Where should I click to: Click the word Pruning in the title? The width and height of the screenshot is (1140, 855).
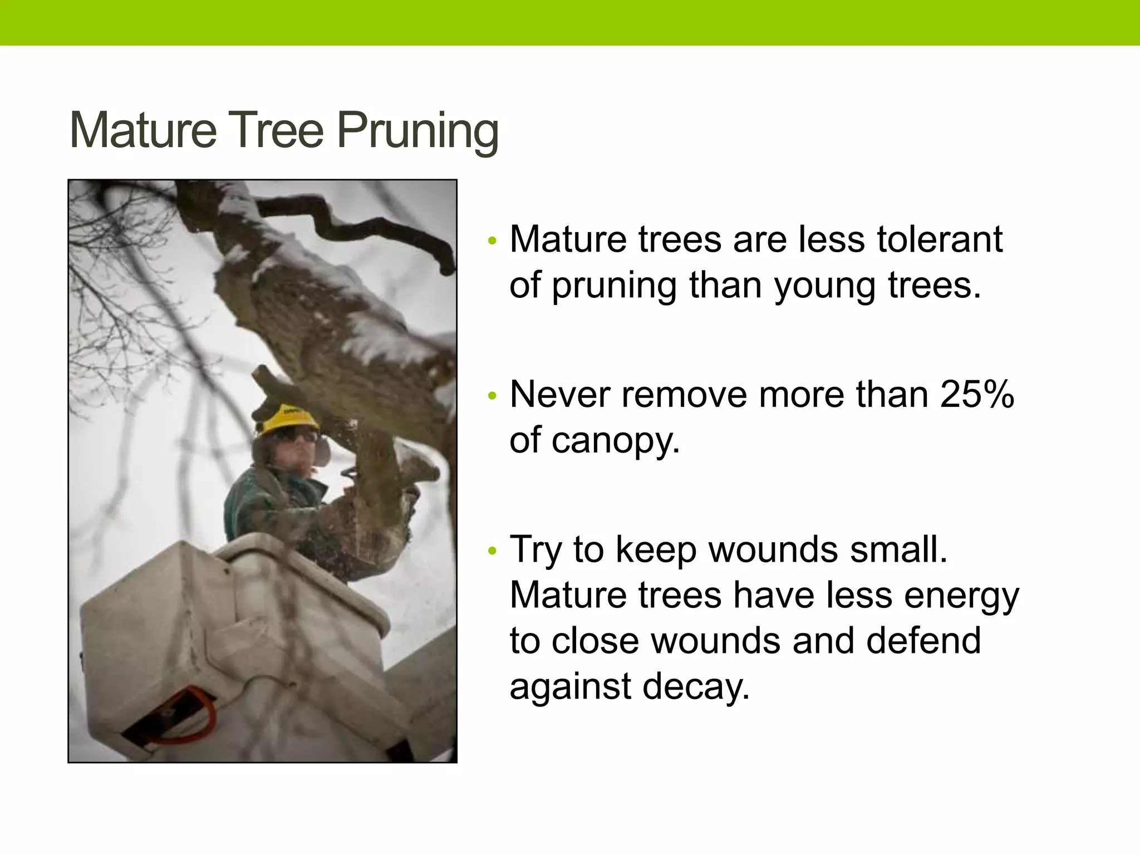pyautogui.click(x=417, y=131)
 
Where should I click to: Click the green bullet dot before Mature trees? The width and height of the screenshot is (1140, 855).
pyautogui.click(x=491, y=242)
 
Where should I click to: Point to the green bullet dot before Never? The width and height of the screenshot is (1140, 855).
pyautogui.click(x=491, y=396)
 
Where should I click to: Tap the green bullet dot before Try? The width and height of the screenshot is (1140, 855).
pyautogui.click(x=491, y=551)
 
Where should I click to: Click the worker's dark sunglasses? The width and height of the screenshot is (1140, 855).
pyautogui.click(x=295, y=436)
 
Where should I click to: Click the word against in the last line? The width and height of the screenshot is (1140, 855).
pyautogui.click(x=571, y=687)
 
